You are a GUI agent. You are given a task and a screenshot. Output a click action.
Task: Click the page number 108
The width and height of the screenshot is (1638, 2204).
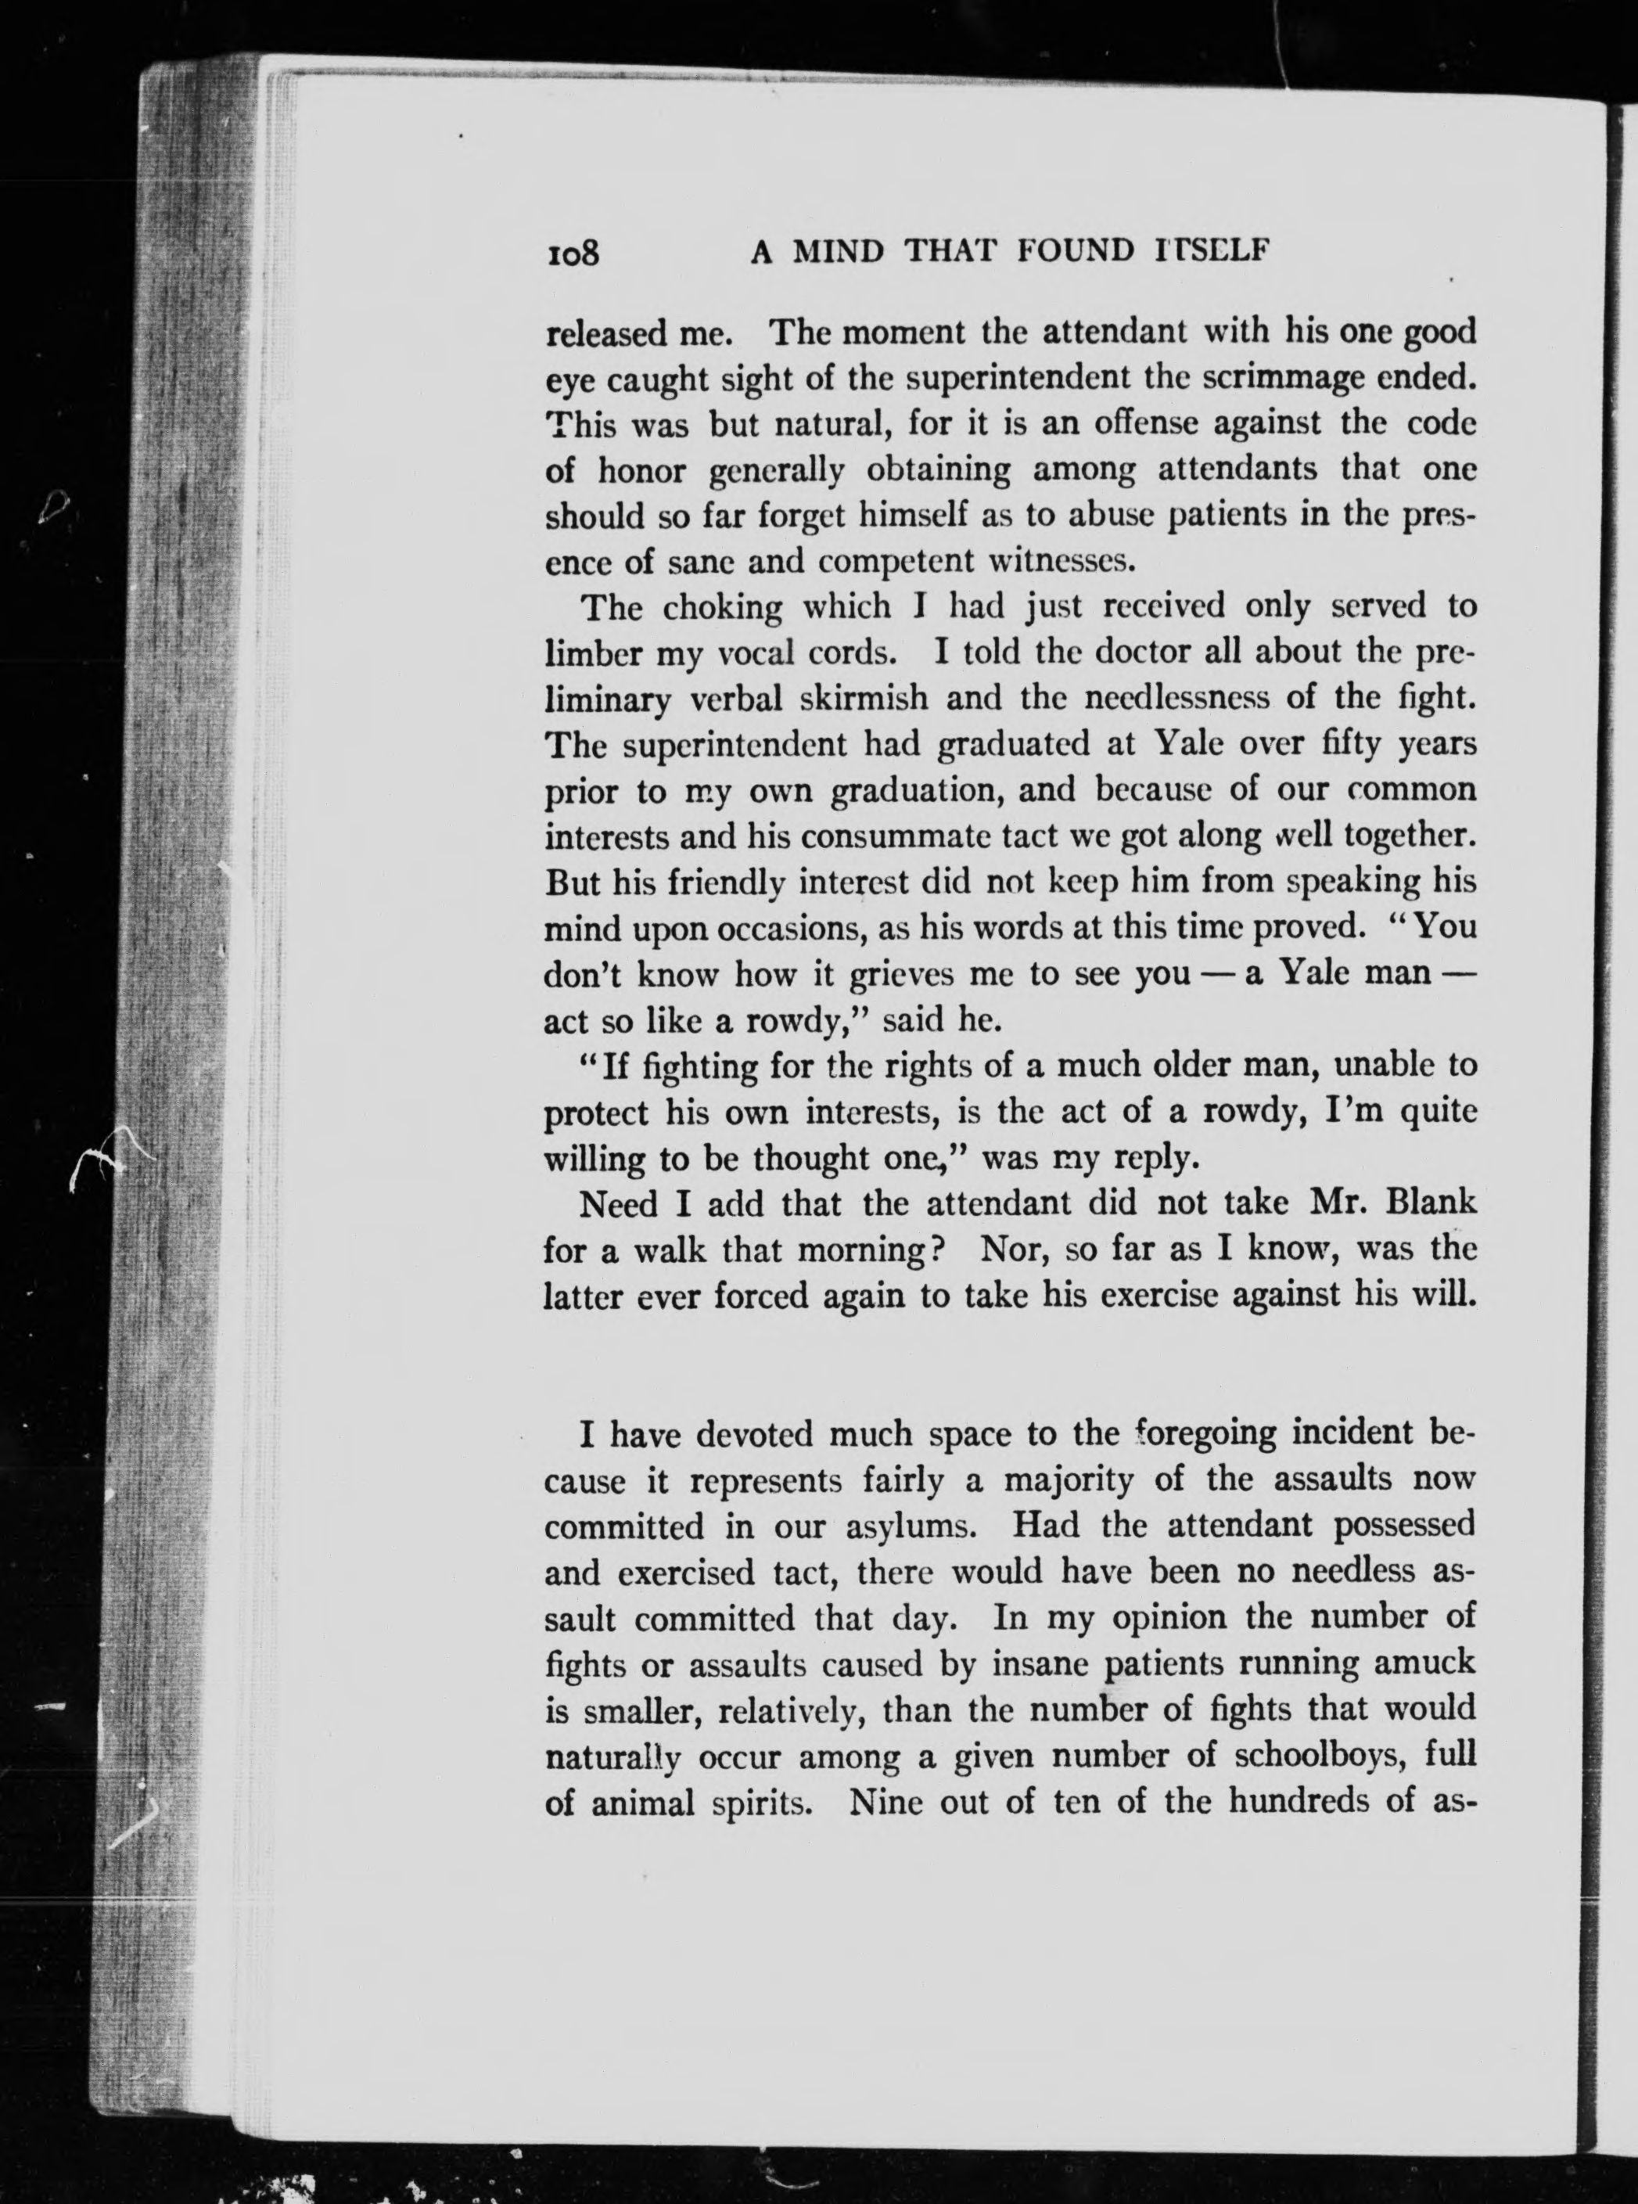(x=574, y=253)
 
